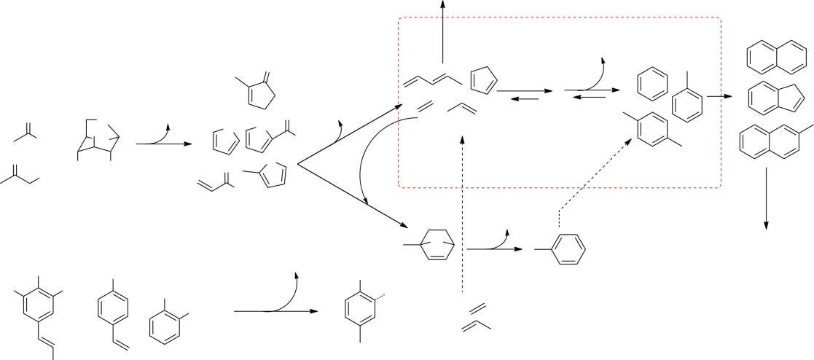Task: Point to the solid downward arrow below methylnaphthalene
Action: click(767, 197)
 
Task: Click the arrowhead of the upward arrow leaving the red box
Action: click(443, 5)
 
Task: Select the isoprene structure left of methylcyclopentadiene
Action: click(216, 180)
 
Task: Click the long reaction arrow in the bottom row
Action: click(275, 311)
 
